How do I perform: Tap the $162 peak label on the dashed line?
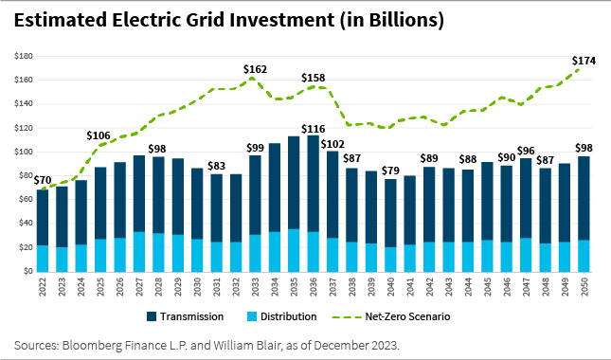[x=255, y=69]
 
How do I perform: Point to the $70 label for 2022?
[x=42, y=180]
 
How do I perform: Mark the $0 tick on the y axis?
[x=27, y=271]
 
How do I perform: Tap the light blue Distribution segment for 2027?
[x=138, y=251]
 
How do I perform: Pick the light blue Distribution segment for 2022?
[x=43, y=258]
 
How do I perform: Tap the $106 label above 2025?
[x=99, y=135]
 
